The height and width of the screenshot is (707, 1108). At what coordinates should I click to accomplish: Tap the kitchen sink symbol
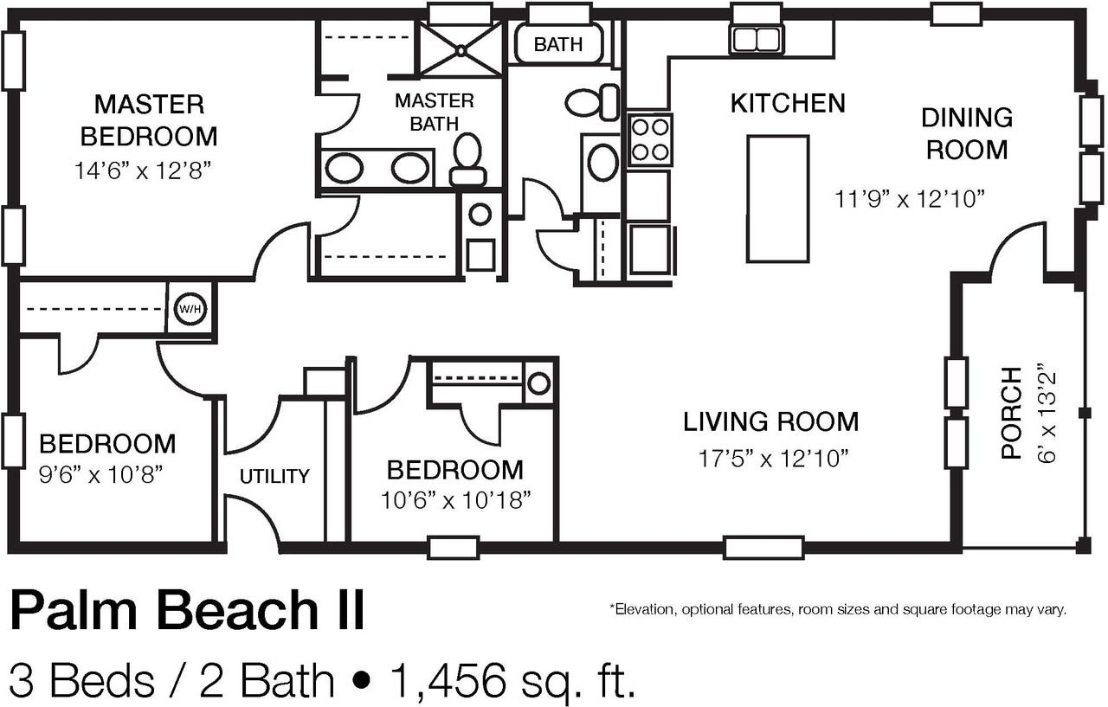click(757, 39)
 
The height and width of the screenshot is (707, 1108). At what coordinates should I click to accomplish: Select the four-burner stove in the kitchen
click(649, 139)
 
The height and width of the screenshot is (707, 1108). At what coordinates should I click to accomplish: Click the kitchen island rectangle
click(777, 198)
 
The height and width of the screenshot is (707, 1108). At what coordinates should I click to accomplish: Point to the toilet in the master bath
click(468, 159)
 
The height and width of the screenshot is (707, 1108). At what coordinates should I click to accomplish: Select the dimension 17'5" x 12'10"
click(771, 458)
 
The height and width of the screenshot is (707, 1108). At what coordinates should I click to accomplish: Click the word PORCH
click(1011, 413)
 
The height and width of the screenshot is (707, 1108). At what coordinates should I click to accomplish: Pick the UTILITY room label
click(274, 476)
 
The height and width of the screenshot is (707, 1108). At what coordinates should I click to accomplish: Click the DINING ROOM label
click(967, 133)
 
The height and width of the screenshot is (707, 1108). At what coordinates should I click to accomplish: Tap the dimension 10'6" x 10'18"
click(454, 500)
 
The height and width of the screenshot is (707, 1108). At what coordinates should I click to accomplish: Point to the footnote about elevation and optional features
click(838, 609)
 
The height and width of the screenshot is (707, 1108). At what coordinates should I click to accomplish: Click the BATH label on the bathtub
click(558, 44)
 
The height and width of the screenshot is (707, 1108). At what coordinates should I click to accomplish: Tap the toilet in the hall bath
click(595, 102)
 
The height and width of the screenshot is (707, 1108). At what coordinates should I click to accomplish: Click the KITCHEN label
click(788, 103)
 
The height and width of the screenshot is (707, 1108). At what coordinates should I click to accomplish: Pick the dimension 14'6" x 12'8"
click(143, 170)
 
